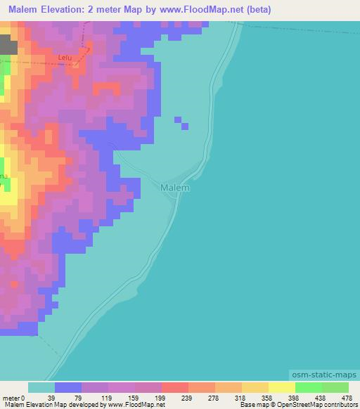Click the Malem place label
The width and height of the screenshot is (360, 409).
pyautogui.click(x=175, y=188)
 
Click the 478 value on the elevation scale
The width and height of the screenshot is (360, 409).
pyautogui.click(x=347, y=397)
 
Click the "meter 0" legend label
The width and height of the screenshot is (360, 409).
pyautogui.click(x=14, y=397)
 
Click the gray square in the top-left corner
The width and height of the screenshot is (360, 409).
pyautogui.click(x=8, y=46)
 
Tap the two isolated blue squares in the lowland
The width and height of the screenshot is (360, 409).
pyautogui.click(x=181, y=123)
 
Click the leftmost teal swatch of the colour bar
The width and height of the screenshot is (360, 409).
pyautogui.click(x=41, y=387)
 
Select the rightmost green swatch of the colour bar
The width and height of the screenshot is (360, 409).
pyautogui.click(x=335, y=387)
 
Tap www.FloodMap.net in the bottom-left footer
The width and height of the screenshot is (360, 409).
pyautogui.click(x=135, y=405)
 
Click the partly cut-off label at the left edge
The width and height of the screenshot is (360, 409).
pyautogui.click(x=4, y=176)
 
